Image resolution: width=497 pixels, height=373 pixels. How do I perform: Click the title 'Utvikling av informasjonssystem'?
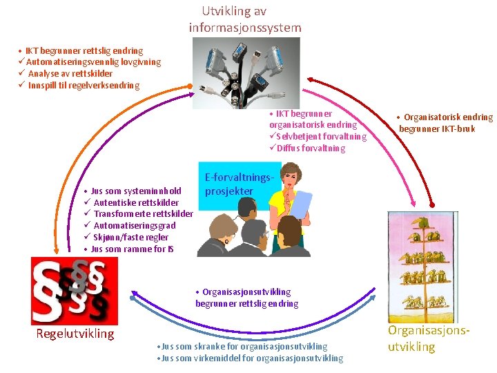(x=245, y=19)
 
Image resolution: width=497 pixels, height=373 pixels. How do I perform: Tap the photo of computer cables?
(x=246, y=73)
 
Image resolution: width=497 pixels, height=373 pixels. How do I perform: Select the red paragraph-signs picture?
(x=75, y=290)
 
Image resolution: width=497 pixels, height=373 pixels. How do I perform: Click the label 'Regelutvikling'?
(x=75, y=334)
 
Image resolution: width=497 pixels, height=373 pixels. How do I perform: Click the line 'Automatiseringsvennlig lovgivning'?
(x=92, y=62)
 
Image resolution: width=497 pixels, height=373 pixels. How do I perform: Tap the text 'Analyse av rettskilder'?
(x=70, y=74)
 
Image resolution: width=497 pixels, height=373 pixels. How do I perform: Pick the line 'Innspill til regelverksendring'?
(x=83, y=86)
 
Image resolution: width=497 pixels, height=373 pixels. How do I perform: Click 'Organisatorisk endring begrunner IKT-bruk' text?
(x=445, y=123)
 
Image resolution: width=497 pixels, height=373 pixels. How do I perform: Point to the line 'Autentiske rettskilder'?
(x=135, y=202)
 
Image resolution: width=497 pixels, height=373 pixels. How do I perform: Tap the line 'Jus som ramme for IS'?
(x=132, y=249)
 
